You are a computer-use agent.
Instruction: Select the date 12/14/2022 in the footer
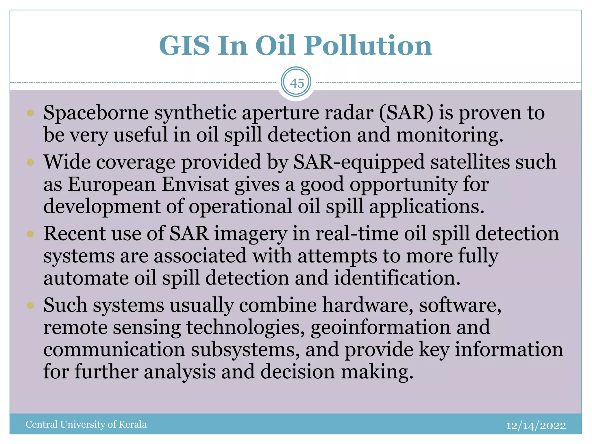click(x=536, y=425)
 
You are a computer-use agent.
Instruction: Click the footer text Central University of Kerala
click(x=86, y=424)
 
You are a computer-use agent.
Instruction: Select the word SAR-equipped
click(x=359, y=162)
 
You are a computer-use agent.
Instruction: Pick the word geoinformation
click(x=380, y=327)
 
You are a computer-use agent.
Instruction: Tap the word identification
click(x=397, y=278)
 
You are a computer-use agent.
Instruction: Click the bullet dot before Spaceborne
click(x=30, y=113)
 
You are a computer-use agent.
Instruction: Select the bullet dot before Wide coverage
click(x=30, y=162)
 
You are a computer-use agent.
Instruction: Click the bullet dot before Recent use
click(x=30, y=234)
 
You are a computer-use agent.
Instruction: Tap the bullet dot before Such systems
click(x=30, y=305)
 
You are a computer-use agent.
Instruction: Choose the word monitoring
click(x=449, y=135)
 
